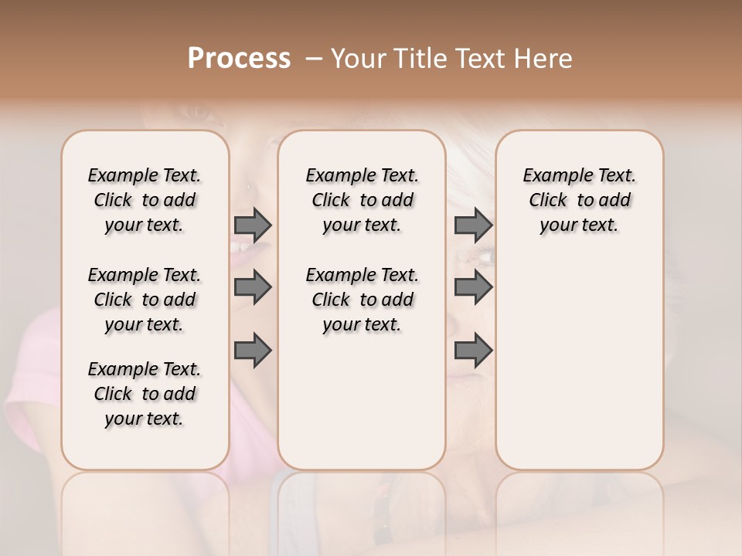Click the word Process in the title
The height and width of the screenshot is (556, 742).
coord(239,59)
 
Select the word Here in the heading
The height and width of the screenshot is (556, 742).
coord(544,59)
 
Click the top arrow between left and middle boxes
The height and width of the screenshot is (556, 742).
coord(253,225)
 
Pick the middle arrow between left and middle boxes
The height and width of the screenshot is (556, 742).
coord(253,287)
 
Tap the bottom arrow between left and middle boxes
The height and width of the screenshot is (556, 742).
coord(253,351)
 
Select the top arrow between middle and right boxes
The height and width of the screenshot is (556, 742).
coord(473,225)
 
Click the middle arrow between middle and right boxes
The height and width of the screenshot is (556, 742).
coord(473,287)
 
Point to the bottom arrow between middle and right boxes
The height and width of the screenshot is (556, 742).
coord(473,351)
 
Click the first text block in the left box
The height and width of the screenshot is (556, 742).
coord(145,200)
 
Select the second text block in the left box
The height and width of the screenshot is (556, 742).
coord(145,300)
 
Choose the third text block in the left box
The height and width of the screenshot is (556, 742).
coord(145,394)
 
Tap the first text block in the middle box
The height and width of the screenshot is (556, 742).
coord(362,200)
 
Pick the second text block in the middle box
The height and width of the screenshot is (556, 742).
coord(362,300)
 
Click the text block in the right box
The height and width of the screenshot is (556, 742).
coord(579,200)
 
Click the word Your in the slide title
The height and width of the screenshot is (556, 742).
coord(354,59)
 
